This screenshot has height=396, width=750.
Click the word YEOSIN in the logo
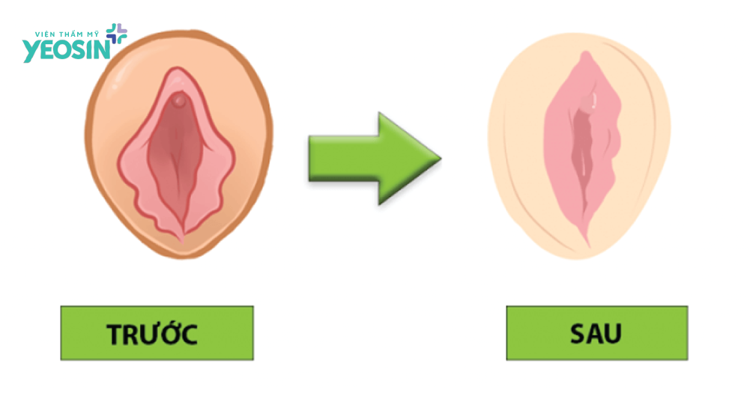tap(66, 49)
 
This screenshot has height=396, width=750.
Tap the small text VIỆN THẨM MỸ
tap(68, 34)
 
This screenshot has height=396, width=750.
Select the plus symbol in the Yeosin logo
tap(117, 32)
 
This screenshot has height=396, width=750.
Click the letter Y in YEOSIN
tap(31, 50)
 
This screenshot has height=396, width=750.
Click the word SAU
tap(596, 333)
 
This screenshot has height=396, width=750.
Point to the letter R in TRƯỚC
tap(133, 334)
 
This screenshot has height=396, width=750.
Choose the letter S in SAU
tap(575, 333)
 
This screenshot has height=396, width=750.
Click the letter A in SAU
tap(596, 333)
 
